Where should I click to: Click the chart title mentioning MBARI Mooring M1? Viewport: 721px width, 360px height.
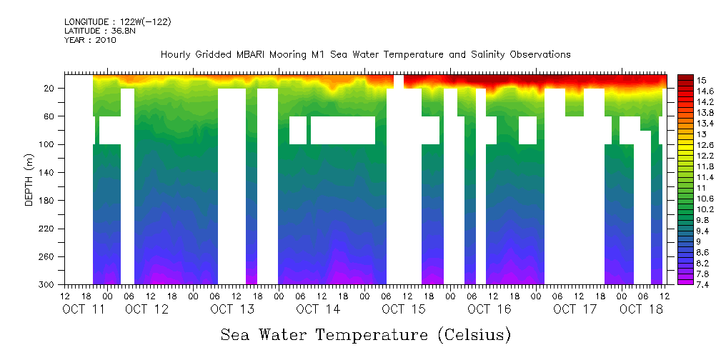365,54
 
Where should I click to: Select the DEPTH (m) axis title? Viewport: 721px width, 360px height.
29,179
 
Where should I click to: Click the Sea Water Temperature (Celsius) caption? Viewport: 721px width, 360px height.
365,334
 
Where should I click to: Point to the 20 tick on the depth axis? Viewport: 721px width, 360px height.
51,89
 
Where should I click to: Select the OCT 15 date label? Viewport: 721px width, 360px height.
404,309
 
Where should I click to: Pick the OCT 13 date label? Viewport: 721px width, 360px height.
233,309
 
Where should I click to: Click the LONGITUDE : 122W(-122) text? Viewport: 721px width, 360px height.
118,22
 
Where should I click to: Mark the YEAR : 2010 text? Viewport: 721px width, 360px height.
90,40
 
